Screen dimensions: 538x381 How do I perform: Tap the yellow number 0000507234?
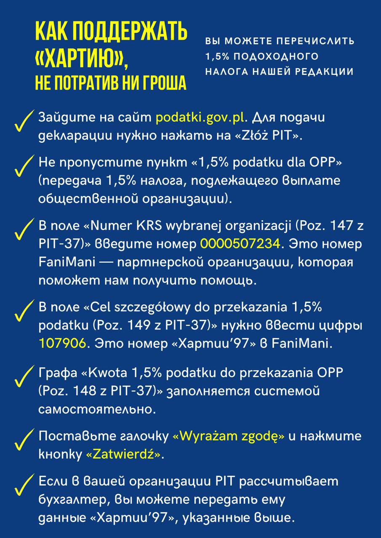click(x=240, y=243)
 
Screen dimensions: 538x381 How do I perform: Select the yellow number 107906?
click(x=62, y=343)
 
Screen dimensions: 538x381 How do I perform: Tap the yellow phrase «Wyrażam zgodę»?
click(x=229, y=436)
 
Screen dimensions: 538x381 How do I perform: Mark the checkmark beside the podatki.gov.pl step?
click(x=23, y=121)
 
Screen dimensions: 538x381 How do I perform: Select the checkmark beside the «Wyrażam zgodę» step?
click(x=23, y=440)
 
